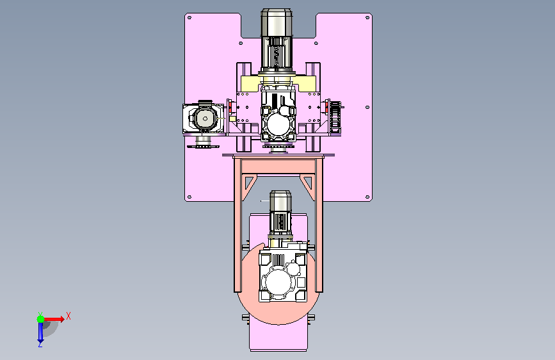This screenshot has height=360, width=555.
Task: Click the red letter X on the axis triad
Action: [x=68, y=316]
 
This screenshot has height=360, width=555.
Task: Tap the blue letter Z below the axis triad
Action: [x=40, y=344]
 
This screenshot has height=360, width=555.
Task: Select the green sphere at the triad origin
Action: [x=41, y=319]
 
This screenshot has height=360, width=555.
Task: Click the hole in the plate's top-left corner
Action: [x=189, y=17]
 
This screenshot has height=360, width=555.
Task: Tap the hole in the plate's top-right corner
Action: [x=367, y=17]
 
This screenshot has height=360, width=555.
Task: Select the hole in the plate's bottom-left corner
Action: [x=189, y=197]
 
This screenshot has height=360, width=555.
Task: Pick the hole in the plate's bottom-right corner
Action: [x=367, y=197]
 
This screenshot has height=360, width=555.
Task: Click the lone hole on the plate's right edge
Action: [x=367, y=107]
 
